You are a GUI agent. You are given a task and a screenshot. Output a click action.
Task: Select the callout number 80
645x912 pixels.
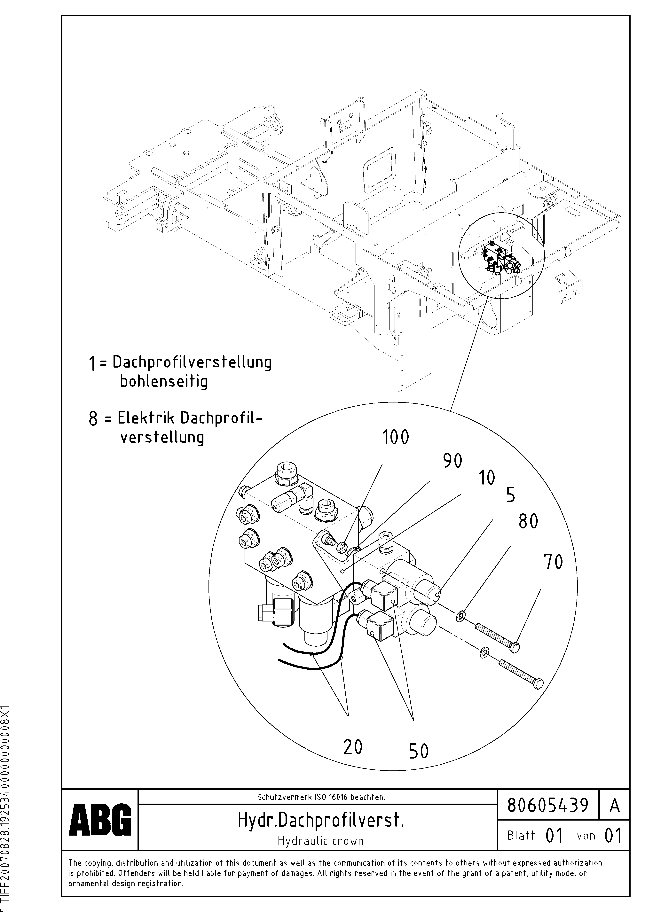(528, 522)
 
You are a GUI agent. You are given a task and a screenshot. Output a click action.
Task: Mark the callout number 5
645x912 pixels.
(511, 495)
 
